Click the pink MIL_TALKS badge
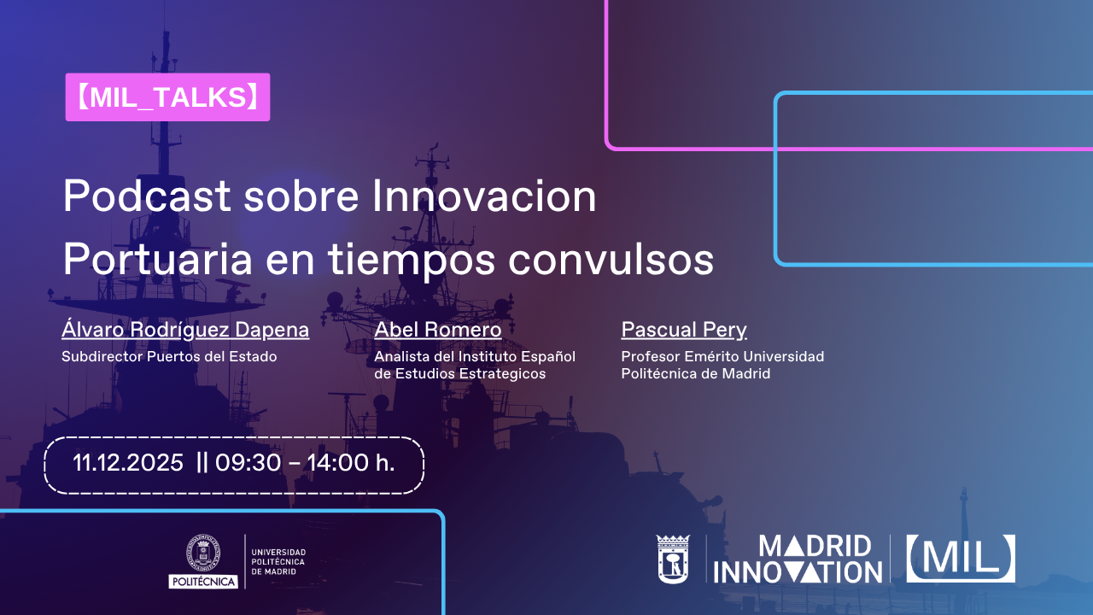click(167, 97)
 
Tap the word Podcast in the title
click(147, 196)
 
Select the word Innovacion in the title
click(484, 196)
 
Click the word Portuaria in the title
click(158, 260)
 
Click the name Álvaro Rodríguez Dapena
click(185, 329)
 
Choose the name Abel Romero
click(438, 330)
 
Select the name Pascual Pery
click(684, 330)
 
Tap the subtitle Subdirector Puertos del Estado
click(169, 356)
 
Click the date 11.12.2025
click(128, 462)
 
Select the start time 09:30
click(248, 462)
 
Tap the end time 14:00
click(337, 462)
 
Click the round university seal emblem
click(203, 553)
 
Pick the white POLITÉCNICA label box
click(203, 582)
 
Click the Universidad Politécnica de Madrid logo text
click(278, 562)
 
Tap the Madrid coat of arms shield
click(673, 559)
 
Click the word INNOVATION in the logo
click(798, 572)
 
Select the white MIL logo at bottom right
click(961, 559)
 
